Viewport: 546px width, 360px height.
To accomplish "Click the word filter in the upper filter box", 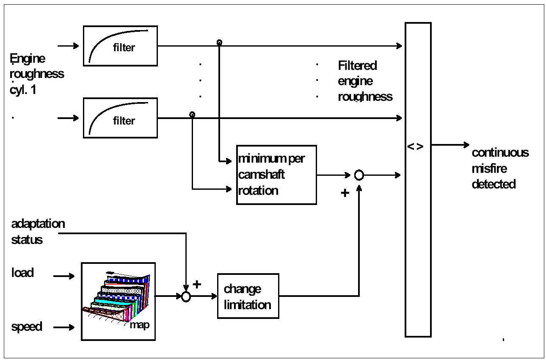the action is click(x=124, y=47).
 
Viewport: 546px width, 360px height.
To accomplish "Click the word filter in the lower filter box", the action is click(x=124, y=121).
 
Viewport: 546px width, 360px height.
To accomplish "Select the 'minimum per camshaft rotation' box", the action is click(x=276, y=175).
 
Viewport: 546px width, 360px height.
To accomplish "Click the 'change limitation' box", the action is click(x=248, y=296).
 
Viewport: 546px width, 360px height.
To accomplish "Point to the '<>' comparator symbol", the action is click(x=415, y=147).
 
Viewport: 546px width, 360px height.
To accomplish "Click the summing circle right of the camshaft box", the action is click(x=359, y=175).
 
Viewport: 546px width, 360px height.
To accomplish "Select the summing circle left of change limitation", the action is click(x=186, y=296).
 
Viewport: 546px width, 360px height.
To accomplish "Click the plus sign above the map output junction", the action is click(x=197, y=284).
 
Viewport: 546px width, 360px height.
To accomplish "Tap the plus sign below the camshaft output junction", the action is click(x=345, y=193).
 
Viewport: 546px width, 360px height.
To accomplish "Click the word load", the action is click(x=22, y=273).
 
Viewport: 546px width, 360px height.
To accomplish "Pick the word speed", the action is click(x=27, y=327).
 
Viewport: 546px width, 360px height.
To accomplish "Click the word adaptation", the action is click(x=38, y=224).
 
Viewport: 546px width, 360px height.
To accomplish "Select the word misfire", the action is click(x=489, y=169).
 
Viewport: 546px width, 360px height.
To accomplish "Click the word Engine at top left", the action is click(x=28, y=59).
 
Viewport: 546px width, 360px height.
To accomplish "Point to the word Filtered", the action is click(x=357, y=66).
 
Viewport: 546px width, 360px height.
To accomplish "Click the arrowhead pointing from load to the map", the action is click(x=72, y=276).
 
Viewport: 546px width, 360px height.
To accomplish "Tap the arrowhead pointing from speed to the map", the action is click(x=72, y=327).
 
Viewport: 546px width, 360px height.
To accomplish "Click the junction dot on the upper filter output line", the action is click(x=219, y=43).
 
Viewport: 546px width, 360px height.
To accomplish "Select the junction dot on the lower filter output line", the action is click(x=192, y=115).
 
